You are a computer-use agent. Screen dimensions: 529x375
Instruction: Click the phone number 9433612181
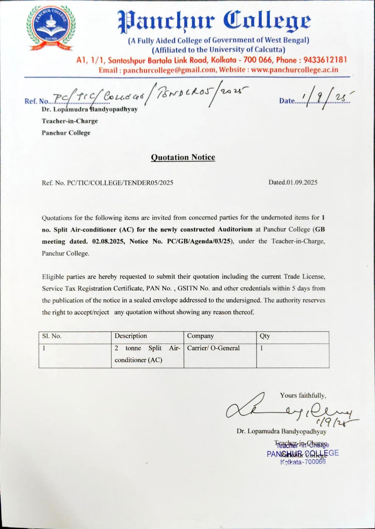(325, 60)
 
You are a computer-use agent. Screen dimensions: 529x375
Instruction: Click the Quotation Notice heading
(183, 157)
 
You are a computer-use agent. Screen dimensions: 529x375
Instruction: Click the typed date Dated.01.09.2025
(293, 182)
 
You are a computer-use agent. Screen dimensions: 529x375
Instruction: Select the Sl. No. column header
(52, 336)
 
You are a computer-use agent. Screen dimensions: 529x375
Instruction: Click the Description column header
(131, 336)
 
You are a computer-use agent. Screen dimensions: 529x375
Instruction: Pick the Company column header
(201, 336)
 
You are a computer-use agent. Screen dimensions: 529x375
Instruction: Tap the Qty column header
(265, 336)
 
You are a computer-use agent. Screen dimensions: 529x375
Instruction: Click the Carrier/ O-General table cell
(213, 348)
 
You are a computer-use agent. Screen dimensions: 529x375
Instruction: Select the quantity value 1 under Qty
(262, 348)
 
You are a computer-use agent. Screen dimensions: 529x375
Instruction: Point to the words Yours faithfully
(303, 395)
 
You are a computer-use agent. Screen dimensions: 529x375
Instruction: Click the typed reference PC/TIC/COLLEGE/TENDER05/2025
(120, 183)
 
